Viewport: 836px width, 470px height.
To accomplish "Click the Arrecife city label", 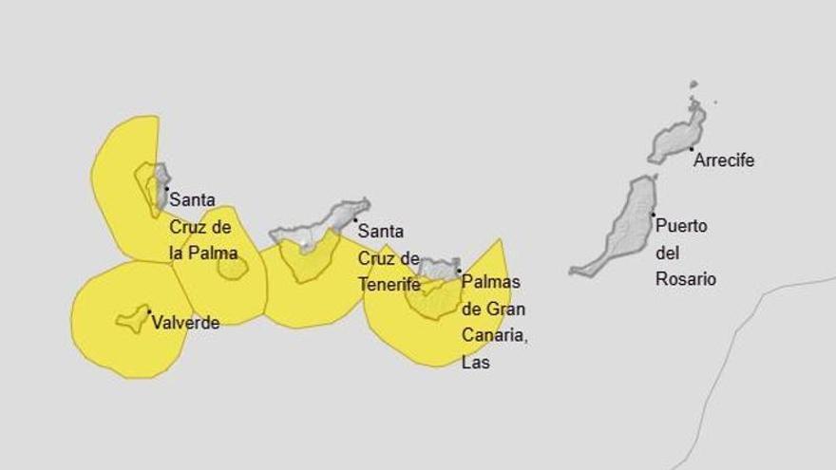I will click(x=724, y=160).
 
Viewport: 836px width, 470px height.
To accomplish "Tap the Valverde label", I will click(x=185, y=323).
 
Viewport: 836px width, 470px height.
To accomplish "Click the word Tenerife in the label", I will click(x=389, y=283).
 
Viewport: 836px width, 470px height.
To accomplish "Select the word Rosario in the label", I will click(x=686, y=279).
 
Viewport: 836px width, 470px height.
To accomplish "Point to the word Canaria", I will click(x=493, y=335).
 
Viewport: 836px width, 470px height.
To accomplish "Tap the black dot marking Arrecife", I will click(x=691, y=149).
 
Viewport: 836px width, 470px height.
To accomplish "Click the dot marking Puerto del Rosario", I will click(x=653, y=216).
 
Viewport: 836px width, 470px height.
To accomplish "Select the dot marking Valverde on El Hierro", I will click(x=149, y=311).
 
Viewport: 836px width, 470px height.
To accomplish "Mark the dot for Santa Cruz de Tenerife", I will click(x=355, y=220).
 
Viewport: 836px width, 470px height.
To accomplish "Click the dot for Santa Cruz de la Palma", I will click(x=166, y=188).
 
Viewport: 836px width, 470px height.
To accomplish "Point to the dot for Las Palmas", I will click(x=459, y=271).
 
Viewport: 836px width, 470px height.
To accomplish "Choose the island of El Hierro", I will click(x=132, y=319).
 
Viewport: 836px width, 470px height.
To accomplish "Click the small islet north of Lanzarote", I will click(x=693, y=85).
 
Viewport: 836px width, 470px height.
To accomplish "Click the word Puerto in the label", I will click(x=681, y=226).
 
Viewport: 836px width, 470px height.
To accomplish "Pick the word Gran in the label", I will click(x=507, y=309).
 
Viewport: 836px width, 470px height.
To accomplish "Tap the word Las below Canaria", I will click(x=475, y=362).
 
